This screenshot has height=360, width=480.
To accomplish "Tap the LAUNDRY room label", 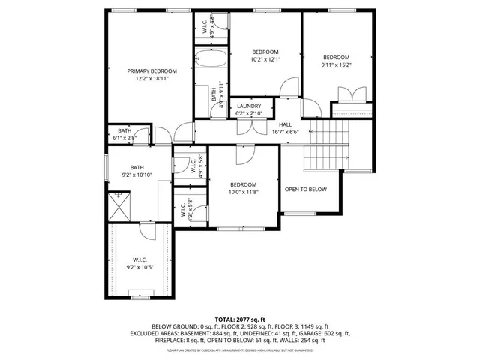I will pos(249,106).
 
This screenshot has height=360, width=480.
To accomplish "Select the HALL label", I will pos(285,124).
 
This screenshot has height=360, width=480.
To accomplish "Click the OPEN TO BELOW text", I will pos(306,189).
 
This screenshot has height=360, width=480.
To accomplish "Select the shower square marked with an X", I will pos(117,205).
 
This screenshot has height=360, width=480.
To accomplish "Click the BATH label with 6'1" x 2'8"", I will pos(124,130).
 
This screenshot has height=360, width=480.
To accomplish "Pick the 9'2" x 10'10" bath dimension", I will pos(137,175).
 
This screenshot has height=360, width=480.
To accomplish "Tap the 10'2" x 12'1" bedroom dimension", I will pos(265,59).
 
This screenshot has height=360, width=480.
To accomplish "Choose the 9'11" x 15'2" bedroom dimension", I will pos(336,64).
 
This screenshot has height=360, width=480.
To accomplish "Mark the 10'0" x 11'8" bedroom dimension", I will pos(243,192).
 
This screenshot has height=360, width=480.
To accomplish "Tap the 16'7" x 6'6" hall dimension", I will pos(285,132).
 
